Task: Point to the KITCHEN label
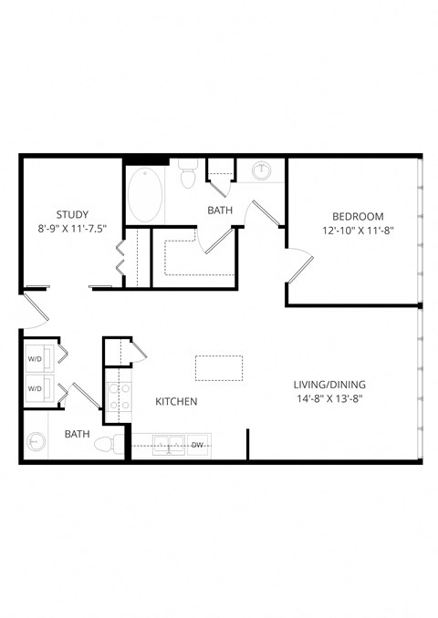[x=176, y=401]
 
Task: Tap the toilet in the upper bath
[x=189, y=173]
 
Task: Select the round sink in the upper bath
[x=262, y=170]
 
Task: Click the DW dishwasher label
[x=197, y=445]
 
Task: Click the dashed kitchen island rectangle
[x=219, y=368]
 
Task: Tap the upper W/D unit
[x=36, y=358]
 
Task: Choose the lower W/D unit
[x=36, y=388]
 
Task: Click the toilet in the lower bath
[x=109, y=445]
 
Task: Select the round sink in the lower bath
[x=36, y=442]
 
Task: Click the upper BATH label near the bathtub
[x=220, y=211]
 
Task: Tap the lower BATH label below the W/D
[x=77, y=435]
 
